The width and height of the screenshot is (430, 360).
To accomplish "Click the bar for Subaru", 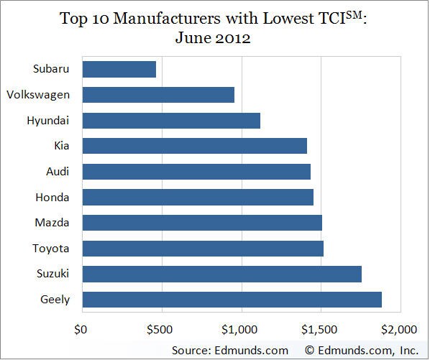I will coord(119,70).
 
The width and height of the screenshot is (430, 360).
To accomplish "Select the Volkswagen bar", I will coord(158,95).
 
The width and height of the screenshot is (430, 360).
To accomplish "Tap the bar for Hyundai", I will coord(171,121).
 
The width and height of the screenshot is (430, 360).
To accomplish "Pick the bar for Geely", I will coord(232,300).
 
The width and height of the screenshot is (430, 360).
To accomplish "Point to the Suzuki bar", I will coord(221,274).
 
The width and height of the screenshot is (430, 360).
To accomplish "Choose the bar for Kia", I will coord(194,146).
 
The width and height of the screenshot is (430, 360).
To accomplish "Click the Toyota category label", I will coord(52,248).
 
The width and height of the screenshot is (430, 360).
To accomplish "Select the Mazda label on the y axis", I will coord(52,223).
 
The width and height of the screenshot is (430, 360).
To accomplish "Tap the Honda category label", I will coord(52,197).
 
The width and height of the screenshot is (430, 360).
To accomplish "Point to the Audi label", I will coord(57,172).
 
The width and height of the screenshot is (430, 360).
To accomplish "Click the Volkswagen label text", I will coord(37,95).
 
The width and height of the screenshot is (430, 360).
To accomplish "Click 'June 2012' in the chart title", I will coord(214,38).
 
